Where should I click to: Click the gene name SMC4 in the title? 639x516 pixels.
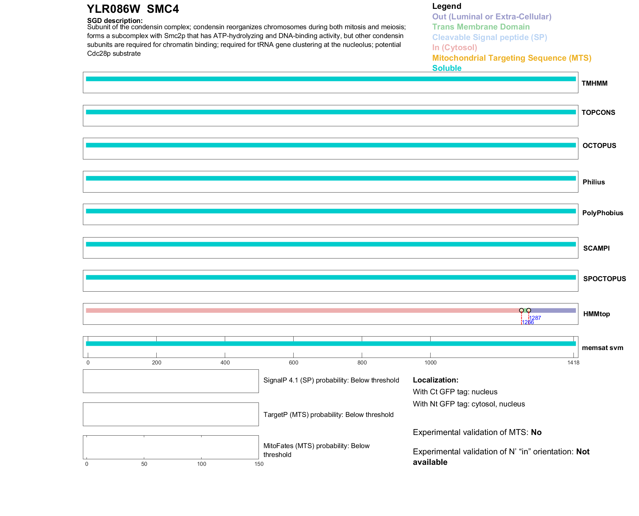[x=163, y=9]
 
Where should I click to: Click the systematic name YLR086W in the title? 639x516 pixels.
[x=113, y=9]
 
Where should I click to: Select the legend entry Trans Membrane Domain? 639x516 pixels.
[x=481, y=27]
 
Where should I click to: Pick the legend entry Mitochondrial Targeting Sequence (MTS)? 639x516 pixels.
[x=512, y=58]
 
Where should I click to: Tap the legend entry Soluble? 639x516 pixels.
[x=447, y=68]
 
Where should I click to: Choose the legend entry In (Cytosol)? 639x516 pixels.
[x=455, y=48]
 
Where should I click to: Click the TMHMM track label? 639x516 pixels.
[x=594, y=83]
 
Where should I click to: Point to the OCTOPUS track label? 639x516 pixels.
[x=599, y=146]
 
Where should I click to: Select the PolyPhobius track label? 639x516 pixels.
[x=602, y=213]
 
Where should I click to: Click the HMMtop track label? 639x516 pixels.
[x=596, y=314]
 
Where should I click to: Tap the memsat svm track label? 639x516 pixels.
[x=602, y=348]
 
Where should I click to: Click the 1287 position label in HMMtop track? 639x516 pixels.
[x=535, y=318]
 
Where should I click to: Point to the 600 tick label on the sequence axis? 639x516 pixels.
[x=294, y=362]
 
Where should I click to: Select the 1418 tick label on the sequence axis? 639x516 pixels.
[x=573, y=362]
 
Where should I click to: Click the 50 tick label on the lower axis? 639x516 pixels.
[x=144, y=464]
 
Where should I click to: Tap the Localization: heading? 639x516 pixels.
[x=436, y=380]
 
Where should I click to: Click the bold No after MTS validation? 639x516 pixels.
[x=536, y=432]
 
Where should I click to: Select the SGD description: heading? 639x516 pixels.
[x=115, y=21]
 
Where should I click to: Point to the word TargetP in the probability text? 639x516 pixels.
[x=275, y=415]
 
